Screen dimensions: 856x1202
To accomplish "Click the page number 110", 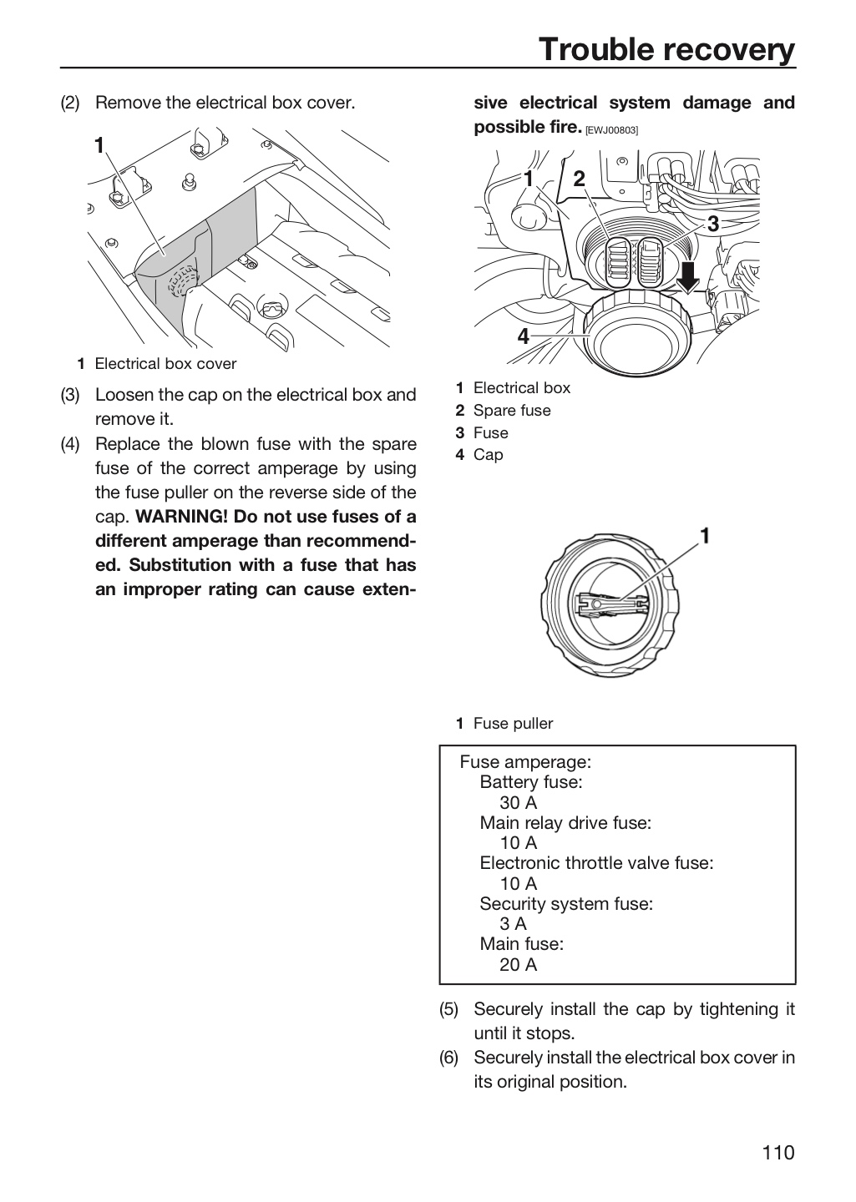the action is click(778, 1152).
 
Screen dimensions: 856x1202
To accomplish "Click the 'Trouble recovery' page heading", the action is click(667, 49).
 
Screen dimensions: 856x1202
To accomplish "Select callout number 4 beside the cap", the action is click(523, 336).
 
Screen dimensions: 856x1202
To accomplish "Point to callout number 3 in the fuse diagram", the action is click(713, 224).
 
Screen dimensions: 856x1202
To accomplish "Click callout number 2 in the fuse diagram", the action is click(579, 179).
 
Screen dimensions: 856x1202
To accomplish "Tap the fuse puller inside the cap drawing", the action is click(610, 604).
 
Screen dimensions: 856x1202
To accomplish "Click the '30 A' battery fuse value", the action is click(519, 802).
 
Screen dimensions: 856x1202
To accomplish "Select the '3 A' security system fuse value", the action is click(513, 923).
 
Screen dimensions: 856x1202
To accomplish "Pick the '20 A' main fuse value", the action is click(519, 964).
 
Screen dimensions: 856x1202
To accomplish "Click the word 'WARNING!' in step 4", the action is click(182, 516).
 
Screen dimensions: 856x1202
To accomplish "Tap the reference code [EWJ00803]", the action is click(611, 130).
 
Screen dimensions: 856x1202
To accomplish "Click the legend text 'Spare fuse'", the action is click(512, 411).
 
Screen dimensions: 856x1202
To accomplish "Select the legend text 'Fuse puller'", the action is click(513, 724).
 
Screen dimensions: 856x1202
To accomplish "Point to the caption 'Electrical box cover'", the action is click(165, 364).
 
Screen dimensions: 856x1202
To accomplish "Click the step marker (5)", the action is click(449, 1009).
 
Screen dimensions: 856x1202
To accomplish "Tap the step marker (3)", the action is click(70, 394).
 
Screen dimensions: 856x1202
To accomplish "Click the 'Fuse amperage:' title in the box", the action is click(525, 762).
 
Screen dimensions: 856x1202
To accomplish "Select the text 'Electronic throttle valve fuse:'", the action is click(596, 863).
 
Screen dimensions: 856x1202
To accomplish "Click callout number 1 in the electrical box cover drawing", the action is click(99, 145).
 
